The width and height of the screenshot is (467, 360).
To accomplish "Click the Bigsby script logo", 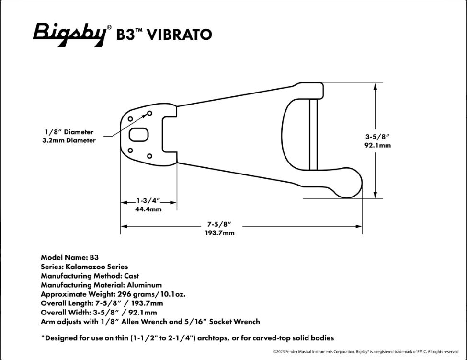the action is click(x=70, y=35).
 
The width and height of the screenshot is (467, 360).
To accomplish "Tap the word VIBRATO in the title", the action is click(x=179, y=35).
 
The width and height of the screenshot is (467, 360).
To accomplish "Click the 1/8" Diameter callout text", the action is click(x=69, y=132).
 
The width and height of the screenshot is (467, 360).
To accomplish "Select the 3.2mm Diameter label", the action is click(x=69, y=140).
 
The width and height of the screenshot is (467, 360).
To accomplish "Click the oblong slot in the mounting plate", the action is click(x=138, y=135).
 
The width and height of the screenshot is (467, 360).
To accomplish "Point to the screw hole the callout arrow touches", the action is click(x=149, y=113).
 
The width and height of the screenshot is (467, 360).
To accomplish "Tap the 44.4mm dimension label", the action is click(x=148, y=209).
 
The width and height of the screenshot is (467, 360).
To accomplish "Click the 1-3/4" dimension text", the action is click(x=148, y=200).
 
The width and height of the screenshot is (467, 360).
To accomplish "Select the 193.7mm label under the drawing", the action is click(x=220, y=233).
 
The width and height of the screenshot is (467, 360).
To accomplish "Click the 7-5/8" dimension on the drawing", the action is click(x=219, y=224).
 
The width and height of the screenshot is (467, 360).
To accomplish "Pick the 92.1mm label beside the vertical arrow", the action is click(x=377, y=145).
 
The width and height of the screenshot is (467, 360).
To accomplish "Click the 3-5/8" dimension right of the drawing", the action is click(x=377, y=137).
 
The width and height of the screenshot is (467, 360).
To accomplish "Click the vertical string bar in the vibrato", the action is click(x=313, y=135).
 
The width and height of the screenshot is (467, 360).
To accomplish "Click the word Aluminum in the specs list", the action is click(x=145, y=285).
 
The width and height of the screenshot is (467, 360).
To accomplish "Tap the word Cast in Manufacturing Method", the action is click(x=131, y=276).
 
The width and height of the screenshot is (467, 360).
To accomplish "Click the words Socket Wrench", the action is click(x=234, y=322).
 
